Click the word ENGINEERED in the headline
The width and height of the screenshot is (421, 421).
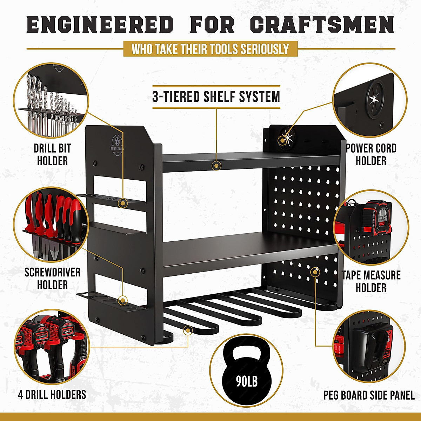[100, 25]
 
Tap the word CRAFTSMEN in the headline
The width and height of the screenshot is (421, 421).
[322, 25]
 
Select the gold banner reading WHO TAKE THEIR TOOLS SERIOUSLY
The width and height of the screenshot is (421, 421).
[210, 49]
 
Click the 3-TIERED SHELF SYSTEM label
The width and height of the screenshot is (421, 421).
[216, 96]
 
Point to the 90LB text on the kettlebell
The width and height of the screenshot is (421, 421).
[247, 381]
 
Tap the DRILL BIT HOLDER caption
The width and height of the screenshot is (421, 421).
[52, 154]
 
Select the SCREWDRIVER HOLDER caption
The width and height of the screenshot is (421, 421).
[52, 278]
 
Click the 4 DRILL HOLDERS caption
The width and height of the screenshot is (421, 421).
[52, 394]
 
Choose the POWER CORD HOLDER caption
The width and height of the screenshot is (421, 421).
[371, 154]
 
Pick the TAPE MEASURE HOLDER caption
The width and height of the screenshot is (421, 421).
[371, 281]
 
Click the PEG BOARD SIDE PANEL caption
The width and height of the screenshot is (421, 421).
[369, 395]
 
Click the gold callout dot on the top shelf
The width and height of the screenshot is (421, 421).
[216, 165]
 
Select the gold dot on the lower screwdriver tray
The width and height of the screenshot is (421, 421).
[122, 300]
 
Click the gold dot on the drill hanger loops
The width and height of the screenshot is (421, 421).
[188, 330]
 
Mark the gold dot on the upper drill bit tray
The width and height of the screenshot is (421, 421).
[122, 202]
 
